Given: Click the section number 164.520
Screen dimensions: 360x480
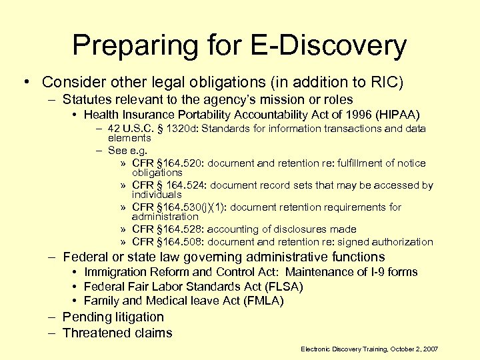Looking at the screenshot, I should pyautogui.click(x=179, y=163).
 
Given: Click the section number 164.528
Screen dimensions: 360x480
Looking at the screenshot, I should pyautogui.click(x=179, y=229).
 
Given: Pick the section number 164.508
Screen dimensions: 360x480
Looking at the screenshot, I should pyautogui.click(x=179, y=242).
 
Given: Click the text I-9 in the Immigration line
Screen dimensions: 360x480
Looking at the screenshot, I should pyautogui.click(x=365, y=272).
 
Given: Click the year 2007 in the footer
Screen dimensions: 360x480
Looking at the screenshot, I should pyautogui.click(x=428, y=349).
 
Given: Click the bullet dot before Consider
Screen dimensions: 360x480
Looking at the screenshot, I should pyautogui.click(x=24, y=82).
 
